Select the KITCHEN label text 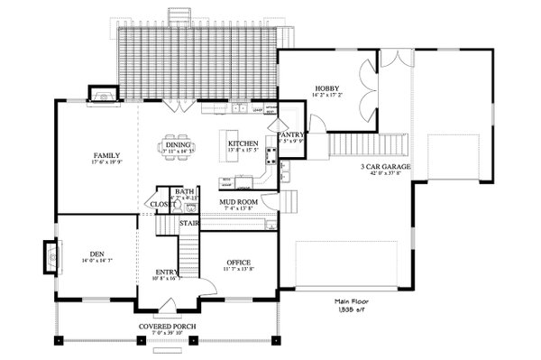pos(243,144)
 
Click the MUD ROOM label pos(239,202)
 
